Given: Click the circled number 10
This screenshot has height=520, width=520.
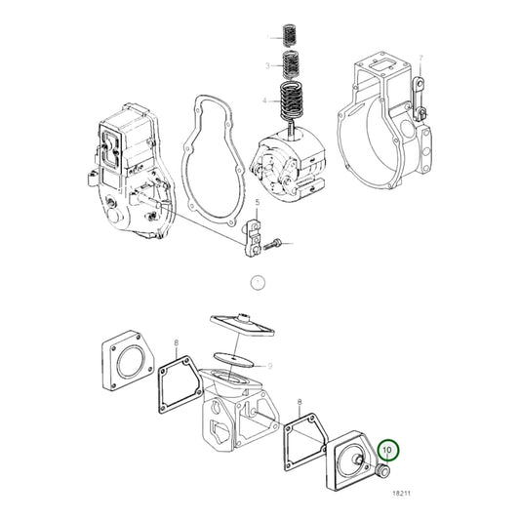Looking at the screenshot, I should (389, 450).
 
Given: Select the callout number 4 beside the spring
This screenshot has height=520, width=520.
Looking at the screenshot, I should (263, 100).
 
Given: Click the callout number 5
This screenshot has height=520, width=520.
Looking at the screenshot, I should (258, 203).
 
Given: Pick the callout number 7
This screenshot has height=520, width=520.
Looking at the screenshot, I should (420, 60).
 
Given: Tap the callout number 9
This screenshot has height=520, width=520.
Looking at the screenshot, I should (269, 364).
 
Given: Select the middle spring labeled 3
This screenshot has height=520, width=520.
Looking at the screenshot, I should (289, 66).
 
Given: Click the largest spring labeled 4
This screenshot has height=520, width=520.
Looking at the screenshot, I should (291, 100).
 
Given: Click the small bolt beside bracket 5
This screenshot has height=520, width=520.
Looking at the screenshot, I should (280, 240).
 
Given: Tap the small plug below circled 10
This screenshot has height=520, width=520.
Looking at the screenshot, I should (381, 473).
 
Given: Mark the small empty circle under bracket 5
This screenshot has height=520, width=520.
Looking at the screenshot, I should (258, 283).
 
